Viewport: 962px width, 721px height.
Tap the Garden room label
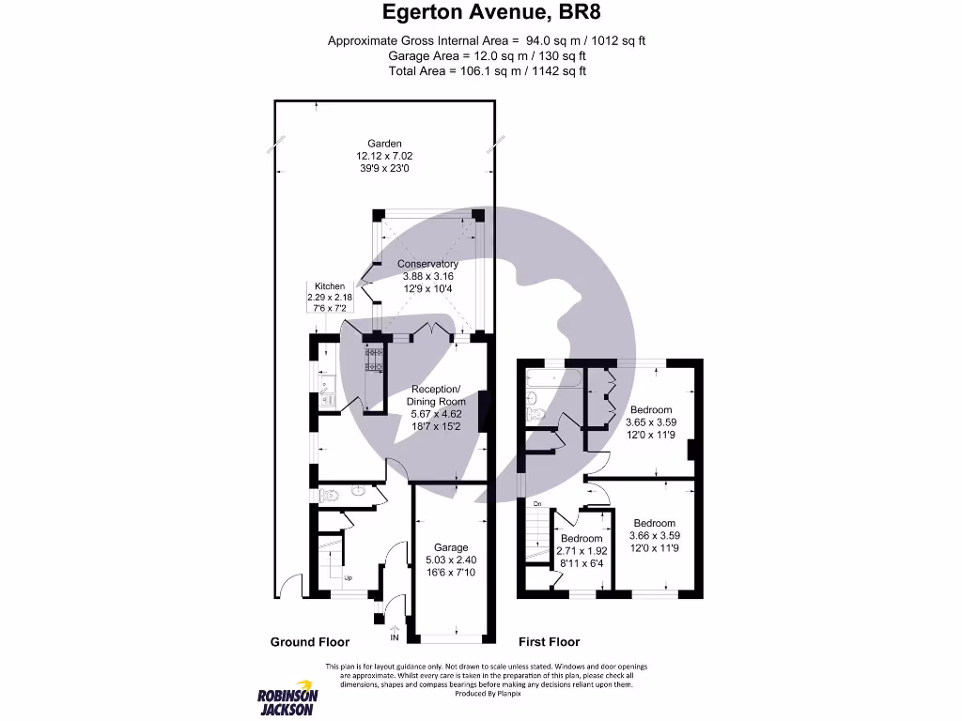385,144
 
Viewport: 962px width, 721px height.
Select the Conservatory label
427,264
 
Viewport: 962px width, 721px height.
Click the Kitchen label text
329,286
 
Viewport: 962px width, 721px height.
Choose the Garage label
450,547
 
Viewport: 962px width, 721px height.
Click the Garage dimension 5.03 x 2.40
450,560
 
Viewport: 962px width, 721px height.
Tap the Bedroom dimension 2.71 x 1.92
582,551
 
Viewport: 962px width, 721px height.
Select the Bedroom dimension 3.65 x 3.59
651,422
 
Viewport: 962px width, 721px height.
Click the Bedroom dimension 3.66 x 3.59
654,536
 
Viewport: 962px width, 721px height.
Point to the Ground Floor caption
310,642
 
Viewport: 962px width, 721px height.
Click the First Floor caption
549,642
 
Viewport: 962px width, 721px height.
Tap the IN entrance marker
395,637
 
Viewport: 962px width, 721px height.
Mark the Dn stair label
538,505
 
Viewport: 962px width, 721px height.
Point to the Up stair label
349,578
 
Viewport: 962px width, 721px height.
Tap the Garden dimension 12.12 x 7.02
385,156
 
